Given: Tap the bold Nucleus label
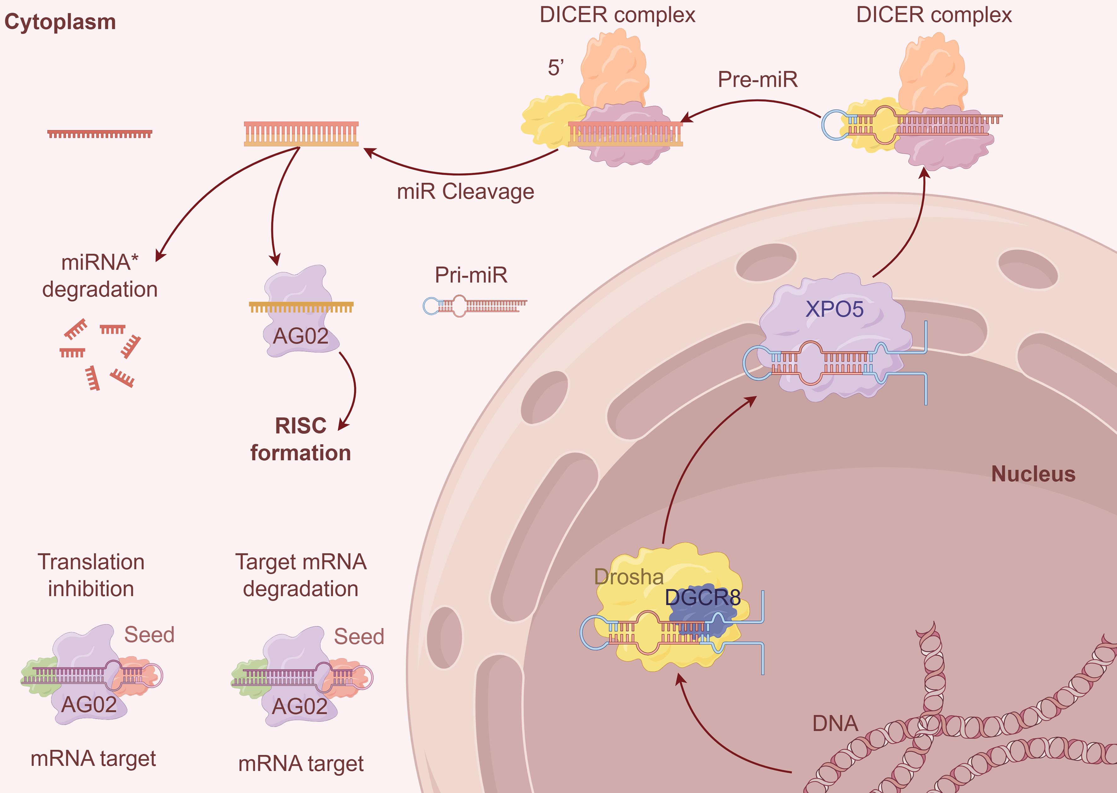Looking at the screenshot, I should click(1033, 474).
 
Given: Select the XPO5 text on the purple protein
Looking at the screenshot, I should click(834, 309).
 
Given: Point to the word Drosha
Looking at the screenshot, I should click(628, 577).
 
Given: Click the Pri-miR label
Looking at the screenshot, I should click(471, 275).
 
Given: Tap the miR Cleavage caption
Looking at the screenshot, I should click(465, 192).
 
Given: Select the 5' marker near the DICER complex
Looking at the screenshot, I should click(556, 68).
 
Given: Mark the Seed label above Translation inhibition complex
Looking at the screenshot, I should click(149, 635).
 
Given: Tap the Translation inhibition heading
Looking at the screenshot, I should click(91, 575).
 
